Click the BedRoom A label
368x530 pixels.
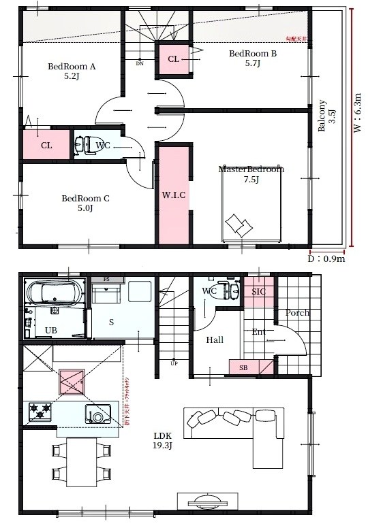click(71, 72)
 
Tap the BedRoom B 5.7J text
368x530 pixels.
click(252, 59)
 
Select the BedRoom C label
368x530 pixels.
click(85, 203)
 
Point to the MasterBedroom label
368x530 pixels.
click(251, 174)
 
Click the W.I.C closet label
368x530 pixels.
click(174, 195)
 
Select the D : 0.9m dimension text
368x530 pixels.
click(326, 259)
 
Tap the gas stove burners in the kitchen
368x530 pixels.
click(40, 411)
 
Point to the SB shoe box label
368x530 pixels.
click(243, 367)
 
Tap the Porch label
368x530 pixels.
click(298, 313)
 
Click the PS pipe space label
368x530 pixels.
click(106, 279)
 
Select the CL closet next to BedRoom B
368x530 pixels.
click(174, 60)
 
